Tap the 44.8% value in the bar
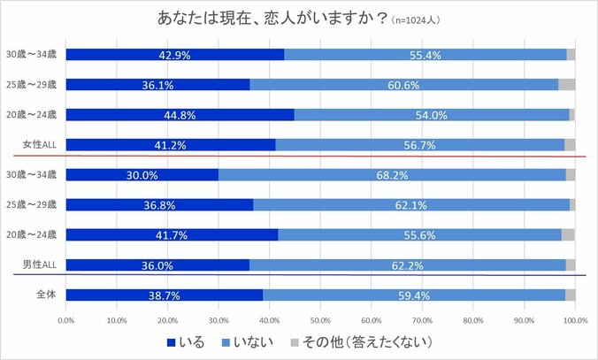[180, 115]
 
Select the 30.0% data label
[142, 175]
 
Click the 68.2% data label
[391, 175]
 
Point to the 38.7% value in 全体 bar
[164, 295]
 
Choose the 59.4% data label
[414, 295]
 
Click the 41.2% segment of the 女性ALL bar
[170, 145]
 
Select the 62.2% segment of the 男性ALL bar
[406, 265]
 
